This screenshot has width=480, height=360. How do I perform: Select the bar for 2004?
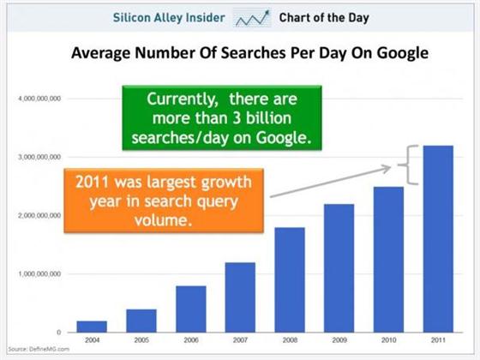coord(92,327)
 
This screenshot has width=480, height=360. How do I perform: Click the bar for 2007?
coord(240,297)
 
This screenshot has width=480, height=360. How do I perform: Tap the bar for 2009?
coord(339,268)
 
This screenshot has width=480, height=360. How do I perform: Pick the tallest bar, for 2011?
coord(438,239)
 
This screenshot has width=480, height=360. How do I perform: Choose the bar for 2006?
coord(191,309)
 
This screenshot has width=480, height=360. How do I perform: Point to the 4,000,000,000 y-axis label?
coord(39,99)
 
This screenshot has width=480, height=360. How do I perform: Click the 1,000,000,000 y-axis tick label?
coord(39,274)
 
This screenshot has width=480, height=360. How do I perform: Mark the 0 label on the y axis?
coord(59,333)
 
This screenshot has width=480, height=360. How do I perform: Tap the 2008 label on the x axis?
coord(290,339)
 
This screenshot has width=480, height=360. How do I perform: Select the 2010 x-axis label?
coord(389,339)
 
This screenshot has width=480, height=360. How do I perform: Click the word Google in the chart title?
coord(402,53)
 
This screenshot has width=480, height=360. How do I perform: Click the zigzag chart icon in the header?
coord(252,18)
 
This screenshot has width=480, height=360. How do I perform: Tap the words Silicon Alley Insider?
coord(169,17)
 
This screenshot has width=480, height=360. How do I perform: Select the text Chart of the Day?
coord(324,18)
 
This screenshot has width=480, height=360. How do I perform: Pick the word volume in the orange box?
coord(163,220)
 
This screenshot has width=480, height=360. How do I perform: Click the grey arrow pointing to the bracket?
coord(331,182)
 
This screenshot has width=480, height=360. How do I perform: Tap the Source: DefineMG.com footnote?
coord(39,349)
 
